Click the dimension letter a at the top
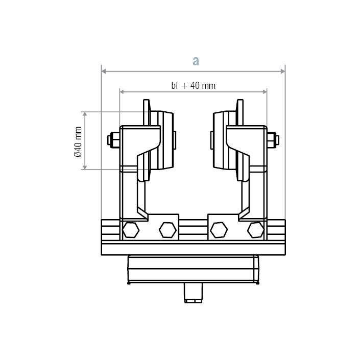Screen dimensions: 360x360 click(x=195, y=61)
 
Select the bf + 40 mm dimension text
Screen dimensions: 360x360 click(x=193, y=85)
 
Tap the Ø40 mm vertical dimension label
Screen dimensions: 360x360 click(x=78, y=141)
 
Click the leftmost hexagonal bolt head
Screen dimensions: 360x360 click(x=131, y=230)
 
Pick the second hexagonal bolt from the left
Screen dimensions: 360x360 click(x=167, y=230)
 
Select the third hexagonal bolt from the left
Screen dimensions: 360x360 click(x=219, y=230)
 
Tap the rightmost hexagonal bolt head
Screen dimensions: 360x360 click(x=255, y=230)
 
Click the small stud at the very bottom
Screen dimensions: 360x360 click(x=193, y=294)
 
